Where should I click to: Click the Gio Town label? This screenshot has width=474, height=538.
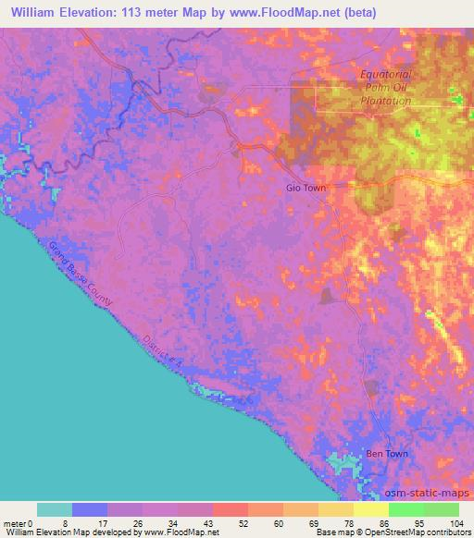306,187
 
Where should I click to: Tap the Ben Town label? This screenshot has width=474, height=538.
385,454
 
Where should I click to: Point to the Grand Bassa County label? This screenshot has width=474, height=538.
82,274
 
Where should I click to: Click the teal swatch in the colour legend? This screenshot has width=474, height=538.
55,509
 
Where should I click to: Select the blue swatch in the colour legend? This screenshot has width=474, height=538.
90,509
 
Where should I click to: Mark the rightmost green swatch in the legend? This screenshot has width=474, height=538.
441,509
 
